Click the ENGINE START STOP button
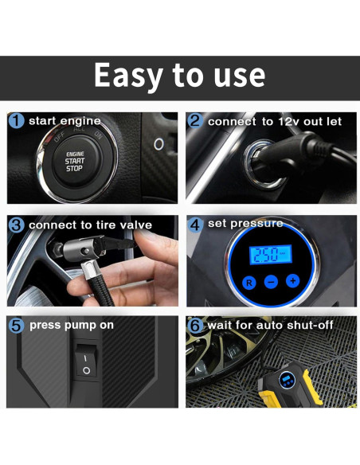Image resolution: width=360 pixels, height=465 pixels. coord(75,161)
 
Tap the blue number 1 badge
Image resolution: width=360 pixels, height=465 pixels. coord(16,121)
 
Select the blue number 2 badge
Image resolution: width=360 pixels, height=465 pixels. coord(195,121)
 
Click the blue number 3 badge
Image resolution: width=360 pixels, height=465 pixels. coord(16,225)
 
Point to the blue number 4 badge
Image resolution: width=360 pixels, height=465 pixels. coord(195,225)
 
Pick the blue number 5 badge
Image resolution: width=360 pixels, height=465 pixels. coord(16,326)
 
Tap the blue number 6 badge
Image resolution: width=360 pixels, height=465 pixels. coord(195,326)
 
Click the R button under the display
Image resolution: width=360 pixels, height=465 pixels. coord(249,283)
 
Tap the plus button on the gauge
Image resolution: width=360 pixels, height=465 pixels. coord(293,280)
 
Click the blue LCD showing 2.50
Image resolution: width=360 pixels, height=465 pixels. coord(271,255)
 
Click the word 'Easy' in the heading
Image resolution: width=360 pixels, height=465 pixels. coord(128,76)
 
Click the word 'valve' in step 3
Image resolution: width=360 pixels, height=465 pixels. coord(136,225)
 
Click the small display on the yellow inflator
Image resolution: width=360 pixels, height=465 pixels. coord(287,377)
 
